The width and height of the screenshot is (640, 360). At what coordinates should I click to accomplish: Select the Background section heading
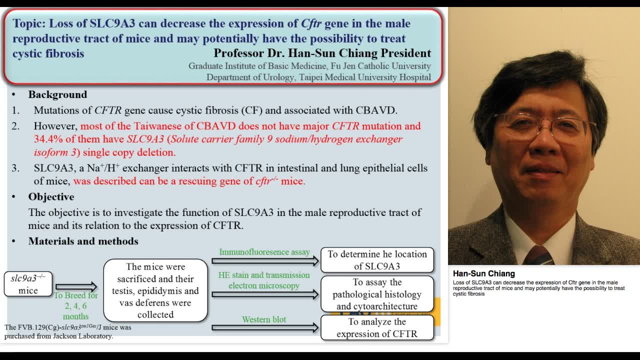57,94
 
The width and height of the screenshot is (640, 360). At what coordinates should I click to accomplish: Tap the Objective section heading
51,197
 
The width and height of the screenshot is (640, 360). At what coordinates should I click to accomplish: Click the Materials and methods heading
83,241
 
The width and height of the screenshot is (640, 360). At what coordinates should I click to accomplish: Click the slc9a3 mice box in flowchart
28,284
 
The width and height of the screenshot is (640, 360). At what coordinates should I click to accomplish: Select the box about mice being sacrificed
155,290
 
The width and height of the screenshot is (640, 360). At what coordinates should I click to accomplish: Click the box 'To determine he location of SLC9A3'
377,260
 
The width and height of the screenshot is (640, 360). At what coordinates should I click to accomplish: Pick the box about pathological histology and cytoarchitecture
377,294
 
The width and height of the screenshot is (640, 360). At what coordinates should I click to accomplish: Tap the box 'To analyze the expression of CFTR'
377,328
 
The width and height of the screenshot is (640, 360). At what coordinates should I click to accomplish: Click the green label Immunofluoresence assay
264,252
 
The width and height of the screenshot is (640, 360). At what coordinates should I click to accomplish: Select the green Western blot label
264,319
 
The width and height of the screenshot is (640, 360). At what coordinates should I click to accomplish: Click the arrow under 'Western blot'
265,328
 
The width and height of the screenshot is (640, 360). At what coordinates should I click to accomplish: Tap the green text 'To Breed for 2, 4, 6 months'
75,305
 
